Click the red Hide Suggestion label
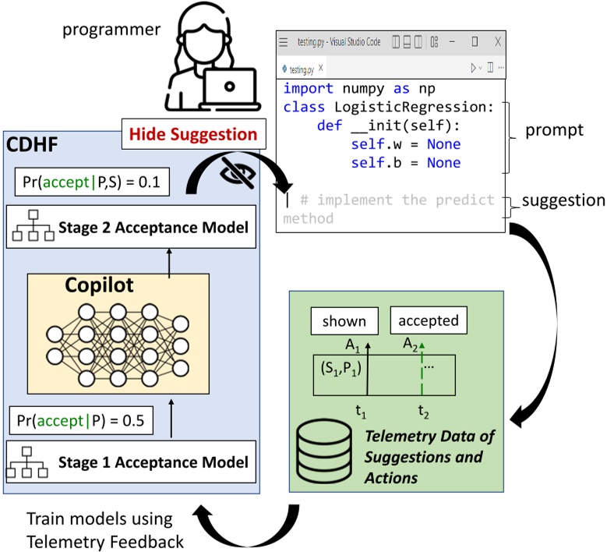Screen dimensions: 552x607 tap(192, 134)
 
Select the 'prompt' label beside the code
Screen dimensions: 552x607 tap(554, 129)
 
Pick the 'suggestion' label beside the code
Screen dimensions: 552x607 tap(563, 200)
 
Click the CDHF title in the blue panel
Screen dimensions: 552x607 tap(33, 144)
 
